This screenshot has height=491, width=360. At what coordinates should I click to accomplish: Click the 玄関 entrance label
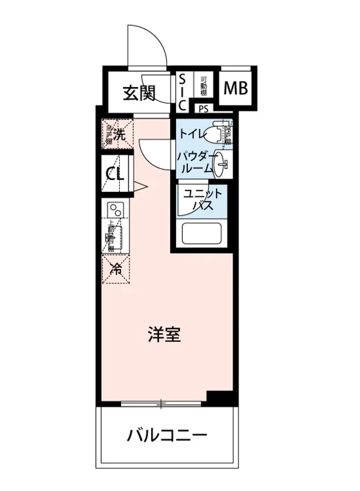(139, 94)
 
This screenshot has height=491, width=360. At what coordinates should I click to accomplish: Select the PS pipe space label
(203, 109)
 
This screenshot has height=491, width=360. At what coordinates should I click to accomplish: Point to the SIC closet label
(182, 92)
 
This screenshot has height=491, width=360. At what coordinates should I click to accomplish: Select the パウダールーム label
(195, 162)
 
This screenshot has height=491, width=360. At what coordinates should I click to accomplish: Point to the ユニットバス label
(202, 199)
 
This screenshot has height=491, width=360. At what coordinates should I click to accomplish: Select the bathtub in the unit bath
(201, 234)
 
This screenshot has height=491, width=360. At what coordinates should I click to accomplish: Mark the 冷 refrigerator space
(117, 269)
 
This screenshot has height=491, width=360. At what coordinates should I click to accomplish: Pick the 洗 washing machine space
(117, 134)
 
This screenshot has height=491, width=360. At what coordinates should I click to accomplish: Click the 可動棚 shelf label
(203, 86)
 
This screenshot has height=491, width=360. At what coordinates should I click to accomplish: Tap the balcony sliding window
(162, 404)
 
